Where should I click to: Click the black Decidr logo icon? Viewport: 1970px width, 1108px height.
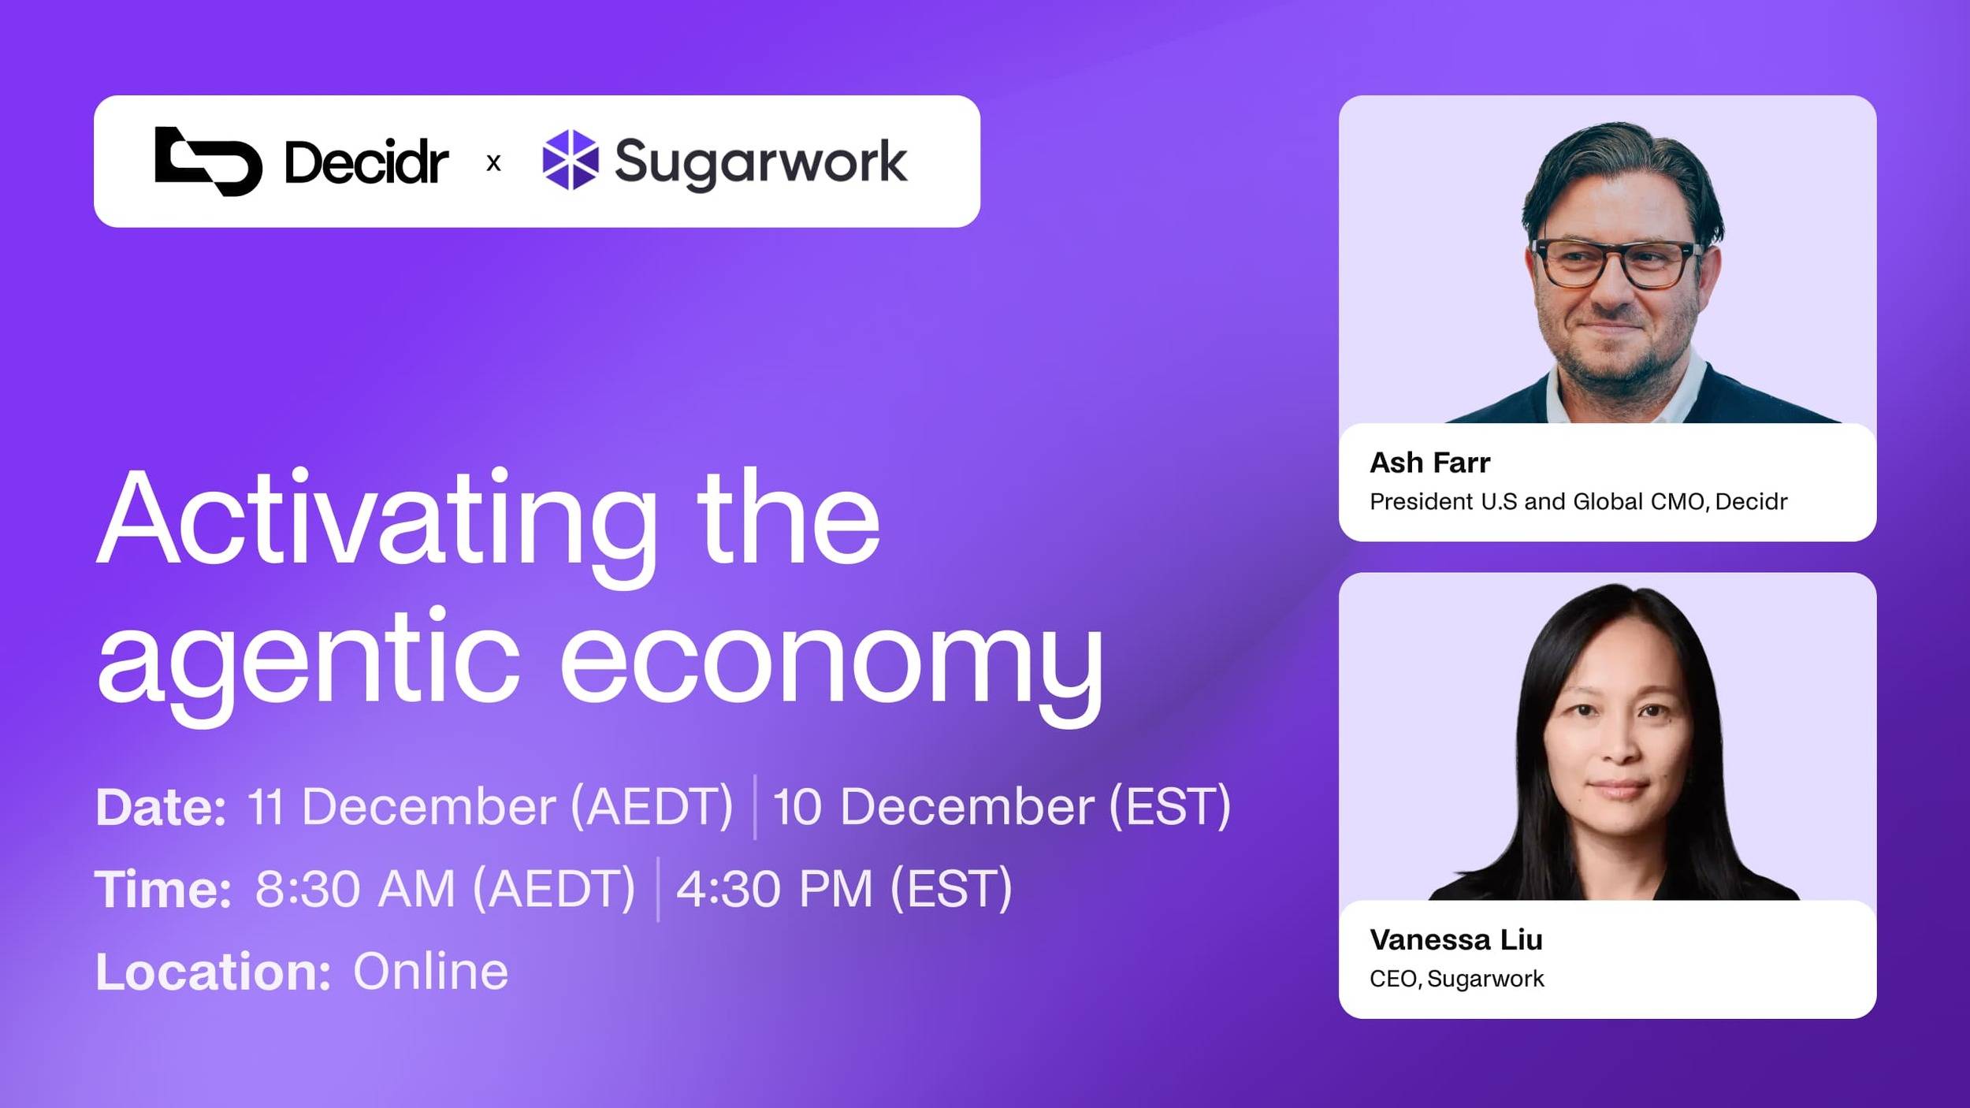(208, 162)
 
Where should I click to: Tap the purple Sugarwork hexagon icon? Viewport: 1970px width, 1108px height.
(570, 160)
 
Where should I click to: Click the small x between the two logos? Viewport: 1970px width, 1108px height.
(493, 163)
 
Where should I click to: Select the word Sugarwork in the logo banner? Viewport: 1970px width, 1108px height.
(760, 162)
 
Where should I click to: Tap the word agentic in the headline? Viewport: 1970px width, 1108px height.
(308, 658)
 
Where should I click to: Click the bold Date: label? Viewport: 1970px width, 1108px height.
(161, 807)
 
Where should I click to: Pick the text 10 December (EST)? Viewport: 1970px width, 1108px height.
(1001, 807)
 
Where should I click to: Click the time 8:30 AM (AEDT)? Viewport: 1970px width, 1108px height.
(445, 889)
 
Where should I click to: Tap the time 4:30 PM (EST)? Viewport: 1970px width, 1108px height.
(844, 889)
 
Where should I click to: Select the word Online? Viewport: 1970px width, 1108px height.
(430, 972)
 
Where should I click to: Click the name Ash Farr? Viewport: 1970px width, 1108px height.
(1429, 463)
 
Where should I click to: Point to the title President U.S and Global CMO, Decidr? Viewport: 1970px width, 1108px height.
(1578, 502)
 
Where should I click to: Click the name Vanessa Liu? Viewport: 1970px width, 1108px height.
(1455, 939)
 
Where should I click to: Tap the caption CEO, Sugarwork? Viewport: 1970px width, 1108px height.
(1456, 979)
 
